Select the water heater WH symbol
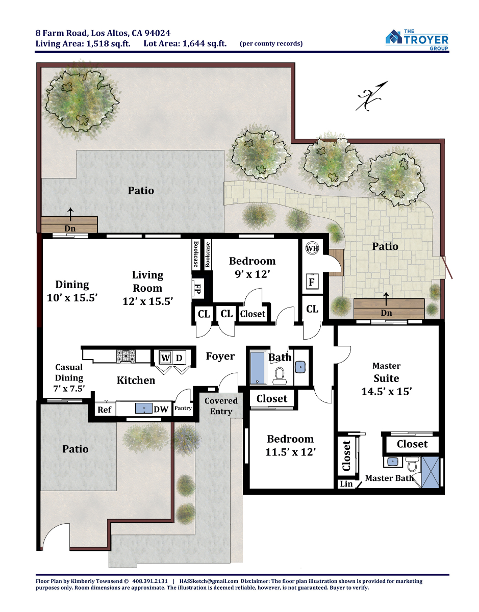[312, 248]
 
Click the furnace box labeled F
[312, 282]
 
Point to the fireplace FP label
[197, 288]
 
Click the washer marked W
[165, 358]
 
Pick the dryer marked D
[179, 358]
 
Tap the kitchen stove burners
[125, 356]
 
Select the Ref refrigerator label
[104, 410]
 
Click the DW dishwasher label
[161, 410]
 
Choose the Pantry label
[183, 408]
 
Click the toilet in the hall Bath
[280, 376]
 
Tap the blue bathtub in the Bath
[258, 368]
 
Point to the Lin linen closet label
[346, 484]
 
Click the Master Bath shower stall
[430, 472]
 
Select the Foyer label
[220, 356]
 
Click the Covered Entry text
[221, 406]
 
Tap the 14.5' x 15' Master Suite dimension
[386, 392]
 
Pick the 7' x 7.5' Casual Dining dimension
[69, 389]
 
